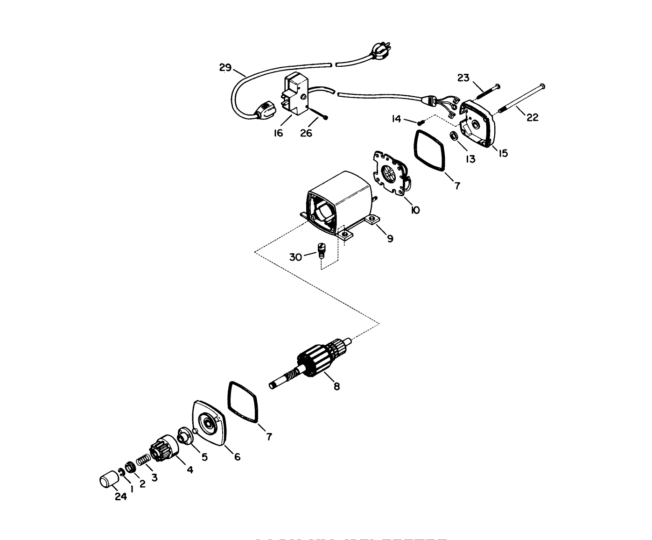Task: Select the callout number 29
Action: tap(225, 68)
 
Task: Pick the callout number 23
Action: tap(463, 78)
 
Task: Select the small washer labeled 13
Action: tap(453, 136)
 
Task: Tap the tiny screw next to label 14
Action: tap(420, 122)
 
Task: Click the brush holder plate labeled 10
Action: tap(392, 175)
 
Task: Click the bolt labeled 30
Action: tap(321, 250)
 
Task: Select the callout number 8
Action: tap(337, 386)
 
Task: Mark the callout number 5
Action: tap(204, 457)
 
